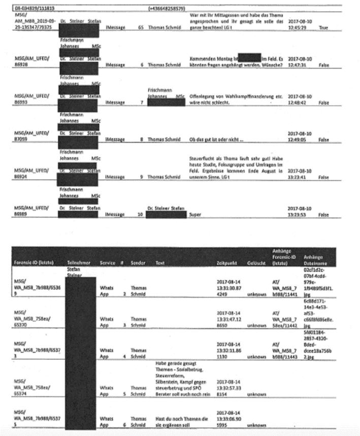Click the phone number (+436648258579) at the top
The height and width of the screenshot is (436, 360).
coord(167,8)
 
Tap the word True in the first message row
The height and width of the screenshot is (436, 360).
coord(323,29)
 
